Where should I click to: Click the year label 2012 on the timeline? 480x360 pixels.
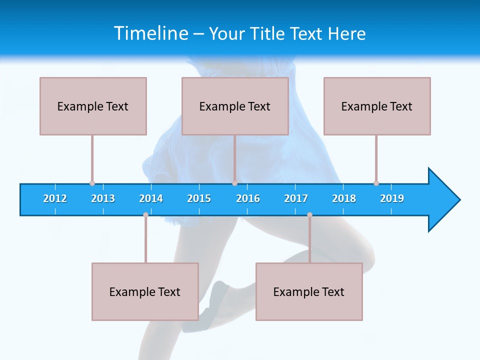click(x=55, y=198)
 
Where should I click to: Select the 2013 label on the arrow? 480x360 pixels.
click(x=103, y=198)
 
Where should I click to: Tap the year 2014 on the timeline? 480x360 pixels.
click(x=151, y=198)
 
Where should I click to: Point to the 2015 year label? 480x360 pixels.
click(x=199, y=198)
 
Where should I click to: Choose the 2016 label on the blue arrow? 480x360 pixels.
click(x=248, y=198)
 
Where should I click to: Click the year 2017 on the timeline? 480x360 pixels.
click(x=296, y=198)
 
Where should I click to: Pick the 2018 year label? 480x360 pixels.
click(x=344, y=198)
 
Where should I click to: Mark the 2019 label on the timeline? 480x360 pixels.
click(x=392, y=198)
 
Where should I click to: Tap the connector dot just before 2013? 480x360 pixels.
click(x=92, y=183)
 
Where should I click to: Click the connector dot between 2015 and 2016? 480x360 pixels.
click(x=234, y=183)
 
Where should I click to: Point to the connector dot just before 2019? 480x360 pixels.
click(x=376, y=183)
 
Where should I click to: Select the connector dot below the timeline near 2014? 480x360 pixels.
click(x=145, y=215)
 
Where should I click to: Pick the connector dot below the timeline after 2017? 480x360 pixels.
click(x=309, y=215)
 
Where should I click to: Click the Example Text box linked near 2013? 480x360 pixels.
click(x=93, y=106)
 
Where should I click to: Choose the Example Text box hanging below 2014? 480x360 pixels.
click(x=145, y=291)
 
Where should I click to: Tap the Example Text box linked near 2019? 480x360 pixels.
click(x=377, y=106)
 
